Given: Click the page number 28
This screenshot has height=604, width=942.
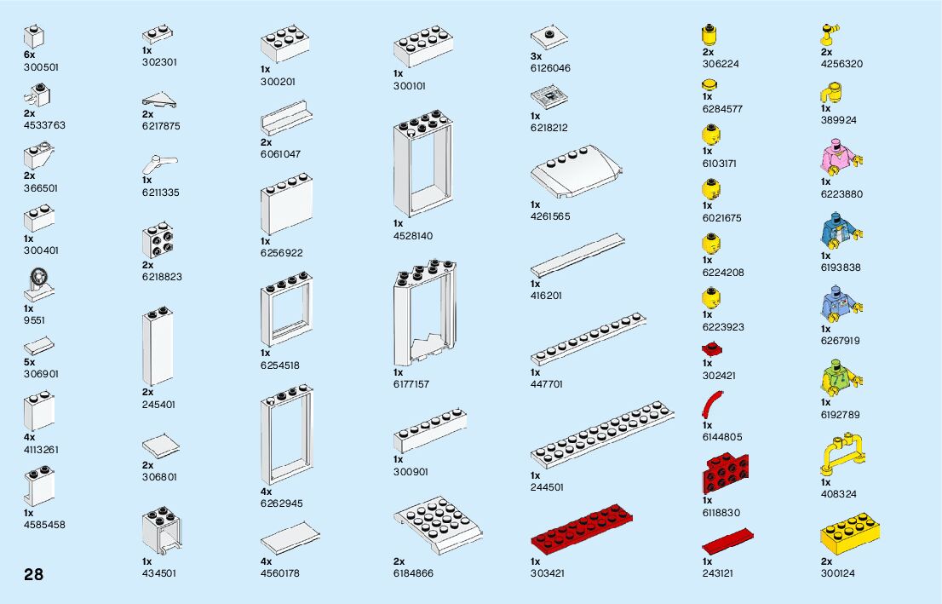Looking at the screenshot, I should (33, 573).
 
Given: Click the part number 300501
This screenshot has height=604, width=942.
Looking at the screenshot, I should (42, 66).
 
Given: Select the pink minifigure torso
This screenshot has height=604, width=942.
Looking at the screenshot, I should (841, 158).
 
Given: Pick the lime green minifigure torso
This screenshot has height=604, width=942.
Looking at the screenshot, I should (841, 378).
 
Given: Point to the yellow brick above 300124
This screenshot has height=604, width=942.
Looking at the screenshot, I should (849, 534).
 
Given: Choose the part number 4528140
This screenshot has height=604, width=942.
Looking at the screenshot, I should (414, 235).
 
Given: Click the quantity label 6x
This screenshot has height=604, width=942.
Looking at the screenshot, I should (30, 55).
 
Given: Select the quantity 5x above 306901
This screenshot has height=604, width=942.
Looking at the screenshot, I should (30, 362).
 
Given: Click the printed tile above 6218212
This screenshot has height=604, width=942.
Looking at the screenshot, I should (549, 96).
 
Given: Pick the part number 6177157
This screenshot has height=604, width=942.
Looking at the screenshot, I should (411, 384).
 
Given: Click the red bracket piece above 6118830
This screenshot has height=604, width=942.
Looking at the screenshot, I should (725, 474).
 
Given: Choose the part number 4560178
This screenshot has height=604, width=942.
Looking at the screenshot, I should (279, 573).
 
